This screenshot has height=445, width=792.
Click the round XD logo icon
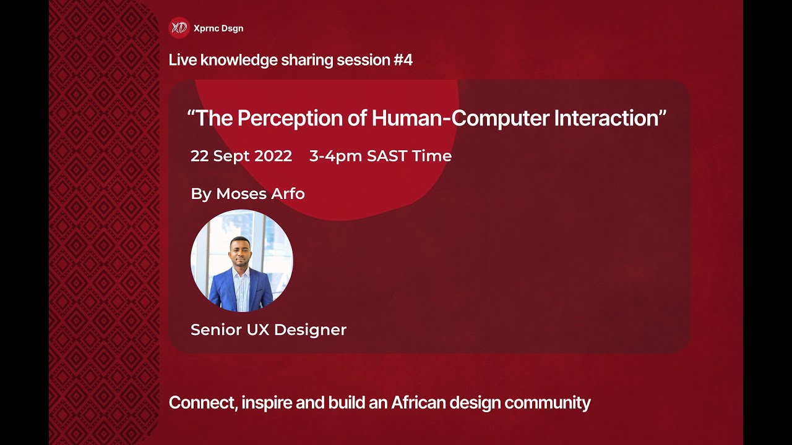pos(179,28)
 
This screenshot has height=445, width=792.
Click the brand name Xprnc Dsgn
pos(218,28)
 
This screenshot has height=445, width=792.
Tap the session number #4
pos(403,60)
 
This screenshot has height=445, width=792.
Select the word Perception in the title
pos(290,118)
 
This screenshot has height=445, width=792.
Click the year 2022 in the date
pos(273,156)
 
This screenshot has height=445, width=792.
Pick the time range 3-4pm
pos(335,156)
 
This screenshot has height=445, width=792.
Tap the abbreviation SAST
pos(387,156)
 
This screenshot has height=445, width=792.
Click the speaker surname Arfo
pos(288,194)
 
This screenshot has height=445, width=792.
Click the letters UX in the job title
pos(258,330)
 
